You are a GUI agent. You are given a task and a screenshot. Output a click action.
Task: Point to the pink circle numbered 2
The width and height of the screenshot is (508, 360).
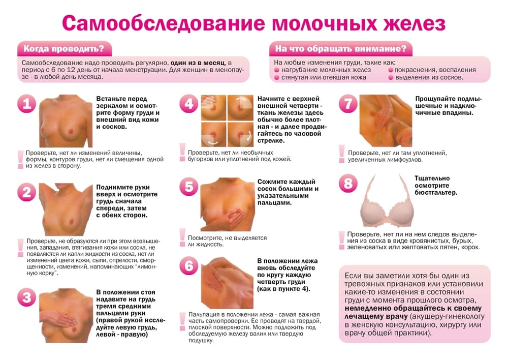(26, 192)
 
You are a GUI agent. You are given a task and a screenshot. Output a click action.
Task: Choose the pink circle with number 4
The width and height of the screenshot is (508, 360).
(189, 104)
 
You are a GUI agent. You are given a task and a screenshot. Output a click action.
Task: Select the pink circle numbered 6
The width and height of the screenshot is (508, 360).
(189, 266)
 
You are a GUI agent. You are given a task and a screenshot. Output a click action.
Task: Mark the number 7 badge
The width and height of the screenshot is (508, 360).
(348, 104)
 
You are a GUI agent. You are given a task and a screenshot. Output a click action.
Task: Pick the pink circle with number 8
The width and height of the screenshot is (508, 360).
(348, 184)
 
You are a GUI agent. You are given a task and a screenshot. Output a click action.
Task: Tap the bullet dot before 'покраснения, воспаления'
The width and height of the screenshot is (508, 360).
(391, 70)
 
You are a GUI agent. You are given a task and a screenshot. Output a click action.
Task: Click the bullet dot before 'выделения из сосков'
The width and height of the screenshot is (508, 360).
(391, 78)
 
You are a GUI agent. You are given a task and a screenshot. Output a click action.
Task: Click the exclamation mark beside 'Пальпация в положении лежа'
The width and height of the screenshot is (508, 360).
(182, 319)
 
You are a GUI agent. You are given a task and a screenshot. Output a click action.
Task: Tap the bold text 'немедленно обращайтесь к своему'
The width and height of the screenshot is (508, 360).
(414, 308)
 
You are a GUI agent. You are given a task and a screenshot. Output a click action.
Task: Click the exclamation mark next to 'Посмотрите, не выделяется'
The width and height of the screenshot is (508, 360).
(182, 235)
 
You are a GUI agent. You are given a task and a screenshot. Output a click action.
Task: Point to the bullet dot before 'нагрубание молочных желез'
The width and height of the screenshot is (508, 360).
(277, 70)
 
